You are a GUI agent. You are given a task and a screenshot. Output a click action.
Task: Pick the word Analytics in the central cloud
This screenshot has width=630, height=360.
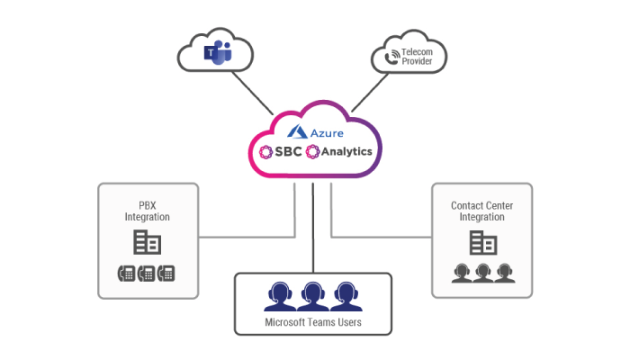click(347, 151)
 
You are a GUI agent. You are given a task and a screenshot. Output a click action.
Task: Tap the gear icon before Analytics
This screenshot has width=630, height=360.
click(313, 151)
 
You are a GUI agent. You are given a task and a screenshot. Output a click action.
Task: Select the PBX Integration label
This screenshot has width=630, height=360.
click(147, 211)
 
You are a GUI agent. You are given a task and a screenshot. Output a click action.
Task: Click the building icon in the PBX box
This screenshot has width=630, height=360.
click(147, 243)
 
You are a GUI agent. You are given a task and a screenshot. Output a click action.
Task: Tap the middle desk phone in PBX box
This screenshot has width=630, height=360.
click(147, 274)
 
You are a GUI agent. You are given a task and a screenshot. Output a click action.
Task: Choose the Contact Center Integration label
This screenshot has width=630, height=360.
click(481, 211)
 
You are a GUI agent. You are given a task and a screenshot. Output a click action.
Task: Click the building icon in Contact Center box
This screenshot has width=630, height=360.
click(482, 243)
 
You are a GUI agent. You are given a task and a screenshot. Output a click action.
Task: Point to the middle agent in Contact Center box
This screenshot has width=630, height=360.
click(482, 273)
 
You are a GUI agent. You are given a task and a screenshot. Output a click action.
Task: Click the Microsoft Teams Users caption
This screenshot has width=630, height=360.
click(312, 322)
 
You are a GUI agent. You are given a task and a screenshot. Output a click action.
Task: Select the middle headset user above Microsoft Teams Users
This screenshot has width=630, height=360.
click(312, 295)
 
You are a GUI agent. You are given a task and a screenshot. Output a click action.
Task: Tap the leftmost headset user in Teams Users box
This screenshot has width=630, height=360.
click(281, 295)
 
